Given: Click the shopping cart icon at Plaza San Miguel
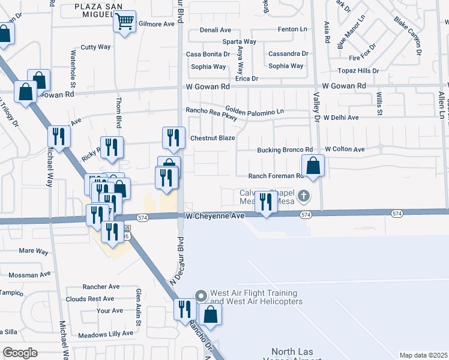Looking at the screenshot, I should pos(124,22).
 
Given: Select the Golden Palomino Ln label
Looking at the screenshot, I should pos(254,112).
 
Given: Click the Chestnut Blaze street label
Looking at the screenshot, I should pos(212,138).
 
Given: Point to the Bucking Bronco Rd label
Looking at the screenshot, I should pos(285,150).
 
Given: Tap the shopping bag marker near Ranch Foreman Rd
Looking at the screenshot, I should pos(313,166).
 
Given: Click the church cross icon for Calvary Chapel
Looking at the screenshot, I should pos(304,194).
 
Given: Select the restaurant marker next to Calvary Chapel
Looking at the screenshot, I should pos(265,202).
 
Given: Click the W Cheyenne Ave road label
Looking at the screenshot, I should pos(215,215).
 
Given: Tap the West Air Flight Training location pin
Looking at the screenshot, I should pos(200,295).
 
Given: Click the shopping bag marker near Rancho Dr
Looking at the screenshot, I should pos(210,314).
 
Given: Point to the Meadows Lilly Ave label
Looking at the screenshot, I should pos(106,334).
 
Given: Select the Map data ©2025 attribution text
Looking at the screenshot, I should pos(423,355).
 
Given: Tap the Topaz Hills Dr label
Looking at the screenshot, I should pos(358,71).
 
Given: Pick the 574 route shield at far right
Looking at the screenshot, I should pos(397,214).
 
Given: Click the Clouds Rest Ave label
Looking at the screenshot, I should pos(90,299).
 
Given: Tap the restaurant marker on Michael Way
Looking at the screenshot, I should pos(59,136).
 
